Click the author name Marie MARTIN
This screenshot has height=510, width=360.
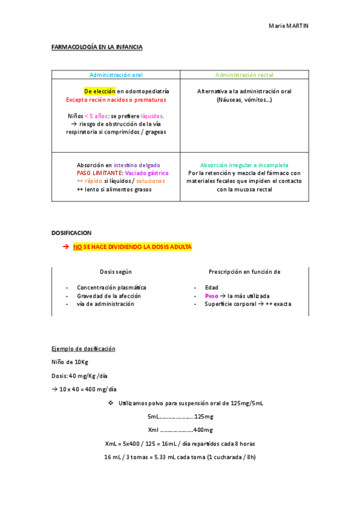click(x=288, y=26)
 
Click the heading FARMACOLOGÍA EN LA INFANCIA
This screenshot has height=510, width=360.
click(x=97, y=47)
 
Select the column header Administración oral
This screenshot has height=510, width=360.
click(x=116, y=75)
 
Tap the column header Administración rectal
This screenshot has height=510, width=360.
click(x=245, y=75)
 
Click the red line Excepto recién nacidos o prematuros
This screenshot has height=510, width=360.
click(x=116, y=100)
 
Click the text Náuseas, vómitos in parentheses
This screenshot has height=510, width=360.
click(x=244, y=100)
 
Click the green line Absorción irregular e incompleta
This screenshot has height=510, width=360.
click(x=244, y=165)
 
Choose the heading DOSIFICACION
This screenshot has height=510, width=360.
click(x=72, y=232)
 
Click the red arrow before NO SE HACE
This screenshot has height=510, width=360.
click(x=66, y=247)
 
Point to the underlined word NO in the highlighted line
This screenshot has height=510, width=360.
click(x=77, y=247)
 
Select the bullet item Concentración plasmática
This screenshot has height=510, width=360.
click(x=111, y=287)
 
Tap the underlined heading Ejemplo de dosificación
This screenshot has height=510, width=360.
click(x=84, y=349)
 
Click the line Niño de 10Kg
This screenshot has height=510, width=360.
click(x=70, y=362)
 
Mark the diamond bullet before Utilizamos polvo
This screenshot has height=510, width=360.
click(x=110, y=403)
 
